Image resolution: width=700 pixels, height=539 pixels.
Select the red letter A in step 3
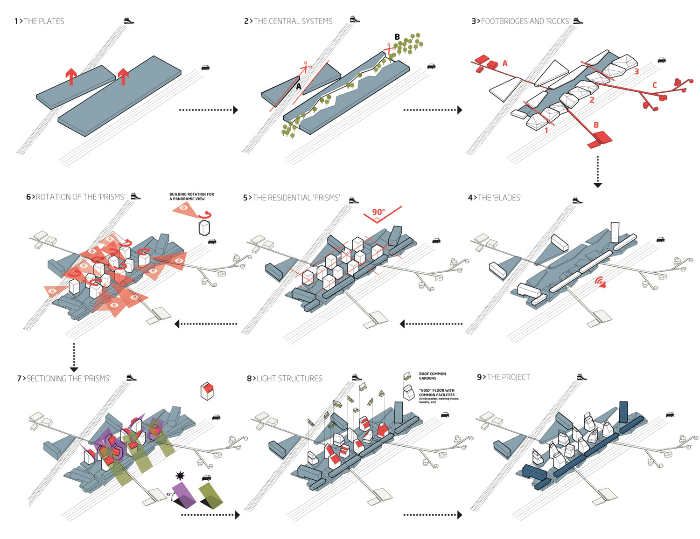point(505,63)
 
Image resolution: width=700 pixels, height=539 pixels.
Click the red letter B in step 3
point(596,125)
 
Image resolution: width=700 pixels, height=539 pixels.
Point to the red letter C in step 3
point(654,85)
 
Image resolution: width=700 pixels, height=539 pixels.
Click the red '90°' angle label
point(378,212)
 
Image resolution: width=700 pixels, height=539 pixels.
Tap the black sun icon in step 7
point(180,476)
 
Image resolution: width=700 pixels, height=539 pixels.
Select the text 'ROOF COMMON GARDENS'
point(432,376)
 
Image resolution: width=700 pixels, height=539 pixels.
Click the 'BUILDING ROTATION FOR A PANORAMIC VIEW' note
point(191,196)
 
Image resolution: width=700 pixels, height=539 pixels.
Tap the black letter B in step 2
point(397,37)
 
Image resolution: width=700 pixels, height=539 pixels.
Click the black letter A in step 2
point(299,86)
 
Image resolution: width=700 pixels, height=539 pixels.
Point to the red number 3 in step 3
point(636,71)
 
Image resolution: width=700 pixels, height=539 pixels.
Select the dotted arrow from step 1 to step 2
point(208,110)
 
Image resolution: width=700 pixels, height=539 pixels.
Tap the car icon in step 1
point(205,68)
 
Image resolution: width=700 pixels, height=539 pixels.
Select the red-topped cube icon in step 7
point(207,391)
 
